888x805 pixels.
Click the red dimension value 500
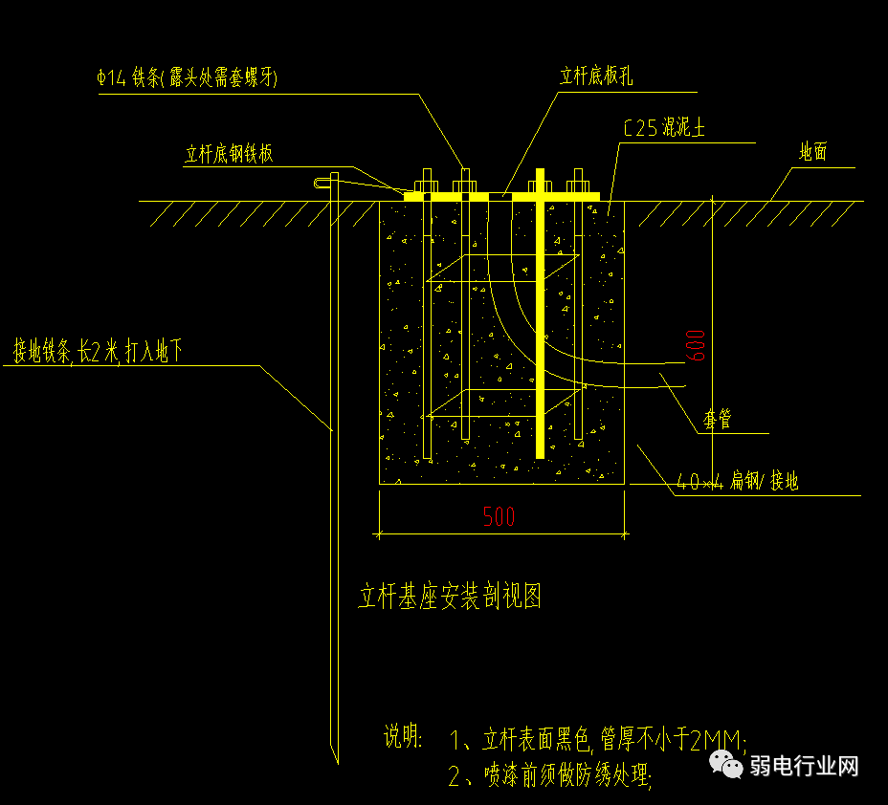click(499, 516)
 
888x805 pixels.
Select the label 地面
click(812, 152)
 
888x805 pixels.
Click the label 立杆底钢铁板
click(230, 154)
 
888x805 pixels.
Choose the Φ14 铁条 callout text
click(188, 78)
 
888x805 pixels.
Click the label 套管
click(717, 419)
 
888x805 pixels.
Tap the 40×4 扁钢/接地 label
click(737, 482)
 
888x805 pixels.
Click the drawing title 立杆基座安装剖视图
click(450, 598)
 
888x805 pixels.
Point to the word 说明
click(403, 736)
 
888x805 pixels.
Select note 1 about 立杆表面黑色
click(598, 739)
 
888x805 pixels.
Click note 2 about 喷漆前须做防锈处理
click(552, 774)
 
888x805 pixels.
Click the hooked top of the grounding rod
click(326, 180)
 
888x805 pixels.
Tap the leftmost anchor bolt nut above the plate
click(426, 183)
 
